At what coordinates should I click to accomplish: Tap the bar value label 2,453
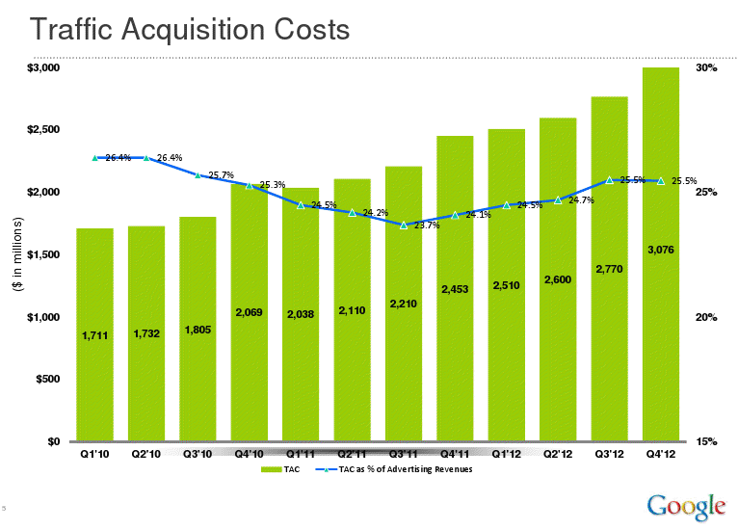[x=455, y=289]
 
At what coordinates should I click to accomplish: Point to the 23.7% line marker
[x=404, y=225]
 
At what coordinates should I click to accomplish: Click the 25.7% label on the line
[x=222, y=175]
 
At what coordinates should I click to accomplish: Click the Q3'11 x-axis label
[x=403, y=453]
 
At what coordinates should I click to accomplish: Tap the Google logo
[x=685, y=504]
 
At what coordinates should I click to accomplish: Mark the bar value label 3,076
[x=661, y=250]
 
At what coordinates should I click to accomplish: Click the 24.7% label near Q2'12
[x=581, y=200]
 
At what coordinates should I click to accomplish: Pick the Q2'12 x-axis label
[x=558, y=453]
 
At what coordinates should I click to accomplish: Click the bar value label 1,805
[x=197, y=330]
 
